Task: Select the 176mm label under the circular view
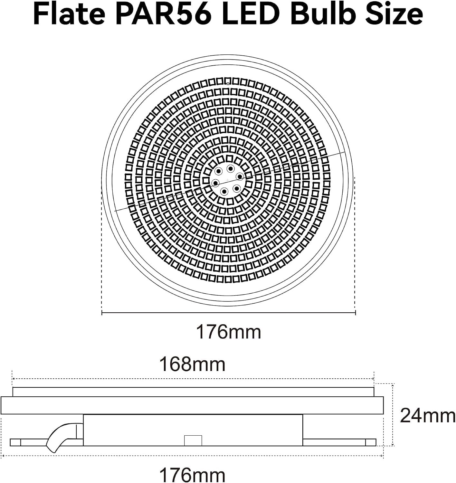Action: point(229,332)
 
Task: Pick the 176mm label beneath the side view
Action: point(192,475)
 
